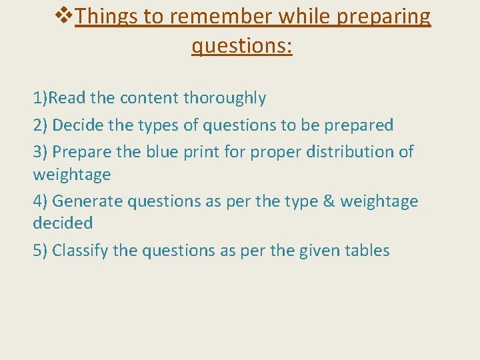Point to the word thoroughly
coord(225,99)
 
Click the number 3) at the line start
coord(40,152)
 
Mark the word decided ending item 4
coord(64,223)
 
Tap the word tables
coord(367,251)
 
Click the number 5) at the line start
coord(40,251)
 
